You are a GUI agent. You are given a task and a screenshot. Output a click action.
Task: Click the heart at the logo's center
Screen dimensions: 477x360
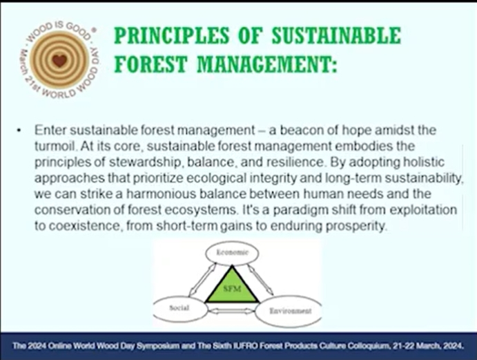pyautogui.click(x=59, y=60)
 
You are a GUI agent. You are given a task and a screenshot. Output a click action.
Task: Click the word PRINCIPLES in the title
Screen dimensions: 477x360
pyautogui.click(x=172, y=36)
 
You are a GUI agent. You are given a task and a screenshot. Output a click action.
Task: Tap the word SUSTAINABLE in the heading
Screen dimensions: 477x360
pyautogui.click(x=336, y=36)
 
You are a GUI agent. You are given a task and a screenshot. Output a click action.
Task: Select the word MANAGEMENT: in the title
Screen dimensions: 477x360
pyautogui.click(x=267, y=64)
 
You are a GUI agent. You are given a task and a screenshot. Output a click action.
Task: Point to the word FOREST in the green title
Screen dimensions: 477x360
pyautogui.click(x=150, y=64)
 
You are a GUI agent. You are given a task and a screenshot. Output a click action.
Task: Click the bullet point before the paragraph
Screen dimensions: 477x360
pyautogui.click(x=19, y=131)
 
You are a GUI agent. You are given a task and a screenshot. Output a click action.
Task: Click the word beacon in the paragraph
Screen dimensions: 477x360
pyautogui.click(x=300, y=130)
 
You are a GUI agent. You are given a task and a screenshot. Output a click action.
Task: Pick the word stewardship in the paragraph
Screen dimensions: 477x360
pyautogui.click(x=144, y=162)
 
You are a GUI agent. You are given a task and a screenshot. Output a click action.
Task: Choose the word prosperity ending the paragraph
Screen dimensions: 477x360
pyautogui.click(x=356, y=226)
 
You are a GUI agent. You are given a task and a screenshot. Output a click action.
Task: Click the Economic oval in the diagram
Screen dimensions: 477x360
pyautogui.click(x=232, y=253)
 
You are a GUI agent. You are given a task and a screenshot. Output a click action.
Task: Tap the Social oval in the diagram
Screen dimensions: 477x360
pyautogui.click(x=179, y=308)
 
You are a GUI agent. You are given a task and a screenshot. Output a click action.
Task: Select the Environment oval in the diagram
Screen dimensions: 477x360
pyautogui.click(x=289, y=311)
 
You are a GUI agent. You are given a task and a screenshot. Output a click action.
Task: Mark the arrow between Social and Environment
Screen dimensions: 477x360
pyautogui.click(x=231, y=311)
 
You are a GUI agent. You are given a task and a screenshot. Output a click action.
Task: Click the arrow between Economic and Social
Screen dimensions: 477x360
pyautogui.click(x=202, y=279)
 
